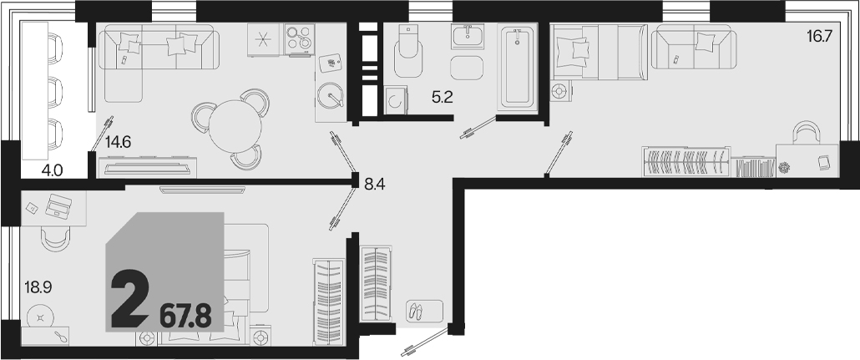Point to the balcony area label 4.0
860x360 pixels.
click(52, 170)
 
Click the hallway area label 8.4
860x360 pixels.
click(375, 185)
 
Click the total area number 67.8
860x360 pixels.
click(185, 317)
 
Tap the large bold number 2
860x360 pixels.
click(130, 300)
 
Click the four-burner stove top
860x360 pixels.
click(300, 39)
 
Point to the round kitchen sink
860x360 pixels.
click(331, 95)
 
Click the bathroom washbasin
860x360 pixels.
click(468, 36)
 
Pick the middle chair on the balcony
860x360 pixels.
click(55, 89)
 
